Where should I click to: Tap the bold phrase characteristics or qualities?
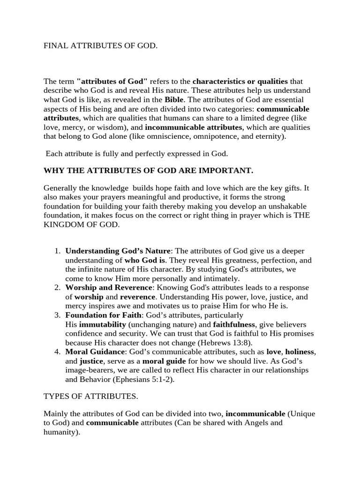240,81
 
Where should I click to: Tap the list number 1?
57,251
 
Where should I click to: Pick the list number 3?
57,315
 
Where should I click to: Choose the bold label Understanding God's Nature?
119,251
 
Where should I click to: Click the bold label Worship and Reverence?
109,287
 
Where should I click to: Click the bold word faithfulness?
235,324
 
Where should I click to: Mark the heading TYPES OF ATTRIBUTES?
90,396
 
